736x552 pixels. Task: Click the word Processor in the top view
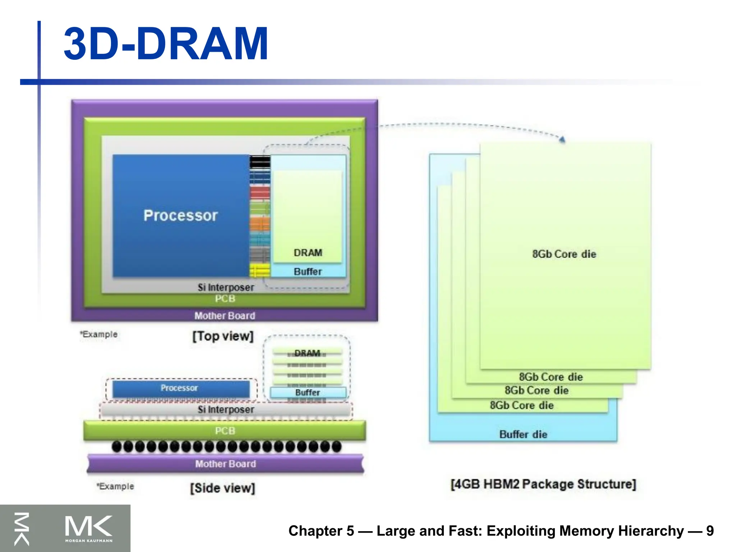click(180, 215)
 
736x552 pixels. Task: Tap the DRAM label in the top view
click(308, 253)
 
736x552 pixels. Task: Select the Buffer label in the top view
click(308, 271)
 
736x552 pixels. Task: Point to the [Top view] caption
click(223, 336)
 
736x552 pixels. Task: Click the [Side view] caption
click(223, 488)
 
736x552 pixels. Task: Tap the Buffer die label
click(523, 434)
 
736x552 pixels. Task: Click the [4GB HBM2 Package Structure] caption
click(543, 484)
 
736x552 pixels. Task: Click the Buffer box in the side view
click(308, 392)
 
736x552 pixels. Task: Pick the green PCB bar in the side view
click(225, 430)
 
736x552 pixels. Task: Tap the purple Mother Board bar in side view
click(225, 464)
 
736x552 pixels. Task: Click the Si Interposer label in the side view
click(226, 409)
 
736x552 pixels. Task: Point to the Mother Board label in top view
click(225, 316)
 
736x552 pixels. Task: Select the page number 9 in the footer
click(710, 531)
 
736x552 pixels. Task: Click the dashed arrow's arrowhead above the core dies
click(562, 139)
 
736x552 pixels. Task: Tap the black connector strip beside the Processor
click(260, 162)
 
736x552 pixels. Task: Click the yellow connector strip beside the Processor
click(259, 270)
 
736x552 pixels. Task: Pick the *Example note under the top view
click(98, 334)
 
